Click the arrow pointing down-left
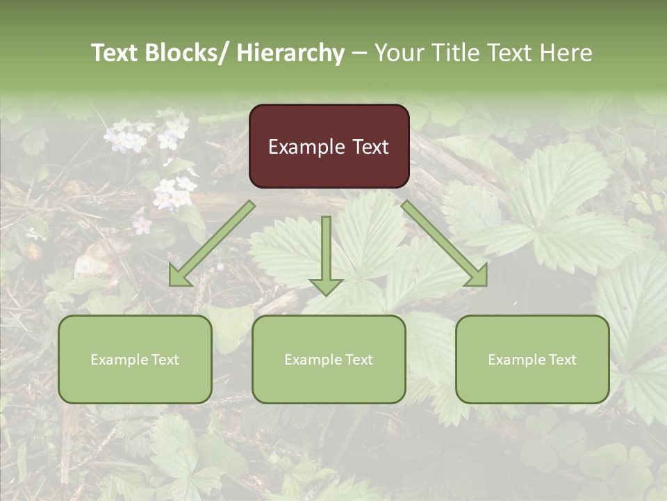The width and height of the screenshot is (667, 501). click(x=212, y=244)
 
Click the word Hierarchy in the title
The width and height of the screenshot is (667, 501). click(x=290, y=53)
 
